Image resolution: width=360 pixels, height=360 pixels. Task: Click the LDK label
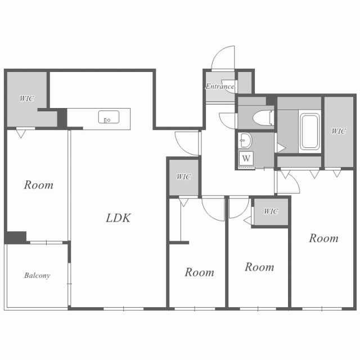[118, 218]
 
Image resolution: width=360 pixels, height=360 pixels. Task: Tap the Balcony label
[37, 275]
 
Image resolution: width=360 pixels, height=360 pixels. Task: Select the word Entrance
[220, 86]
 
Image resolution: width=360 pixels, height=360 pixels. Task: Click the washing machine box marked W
[246, 158]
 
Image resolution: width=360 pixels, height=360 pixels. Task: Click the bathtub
[310, 132]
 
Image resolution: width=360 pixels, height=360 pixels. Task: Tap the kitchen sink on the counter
[109, 117]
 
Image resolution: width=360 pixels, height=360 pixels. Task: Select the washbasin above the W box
[245, 140]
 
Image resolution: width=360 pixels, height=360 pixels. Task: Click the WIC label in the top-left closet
[27, 98]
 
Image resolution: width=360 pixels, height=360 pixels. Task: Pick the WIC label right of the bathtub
[339, 131]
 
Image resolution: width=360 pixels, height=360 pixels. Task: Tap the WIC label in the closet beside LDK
[184, 177]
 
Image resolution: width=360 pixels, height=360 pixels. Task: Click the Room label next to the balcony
[39, 185]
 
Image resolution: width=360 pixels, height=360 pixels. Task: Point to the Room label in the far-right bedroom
[324, 238]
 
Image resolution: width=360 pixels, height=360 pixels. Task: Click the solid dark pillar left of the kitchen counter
[62, 118]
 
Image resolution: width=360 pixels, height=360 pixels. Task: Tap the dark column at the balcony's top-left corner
[16, 237]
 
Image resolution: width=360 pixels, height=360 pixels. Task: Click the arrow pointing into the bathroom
[281, 148]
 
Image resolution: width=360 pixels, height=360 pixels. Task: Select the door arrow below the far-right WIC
[337, 173]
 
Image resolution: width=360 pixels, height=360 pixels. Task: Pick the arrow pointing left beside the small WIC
[247, 220]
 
